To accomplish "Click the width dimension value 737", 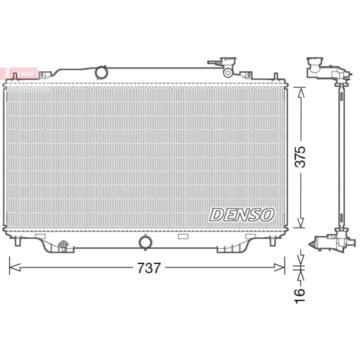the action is click(149, 267).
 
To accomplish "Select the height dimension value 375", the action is click(300, 156).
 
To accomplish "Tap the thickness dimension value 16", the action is click(300, 295).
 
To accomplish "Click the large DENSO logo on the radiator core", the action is click(242, 214).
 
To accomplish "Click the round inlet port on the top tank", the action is click(101, 72).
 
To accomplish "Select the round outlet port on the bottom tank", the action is click(146, 242).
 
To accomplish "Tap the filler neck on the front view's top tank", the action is click(228, 62).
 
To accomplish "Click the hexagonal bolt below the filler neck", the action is click(227, 72).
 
